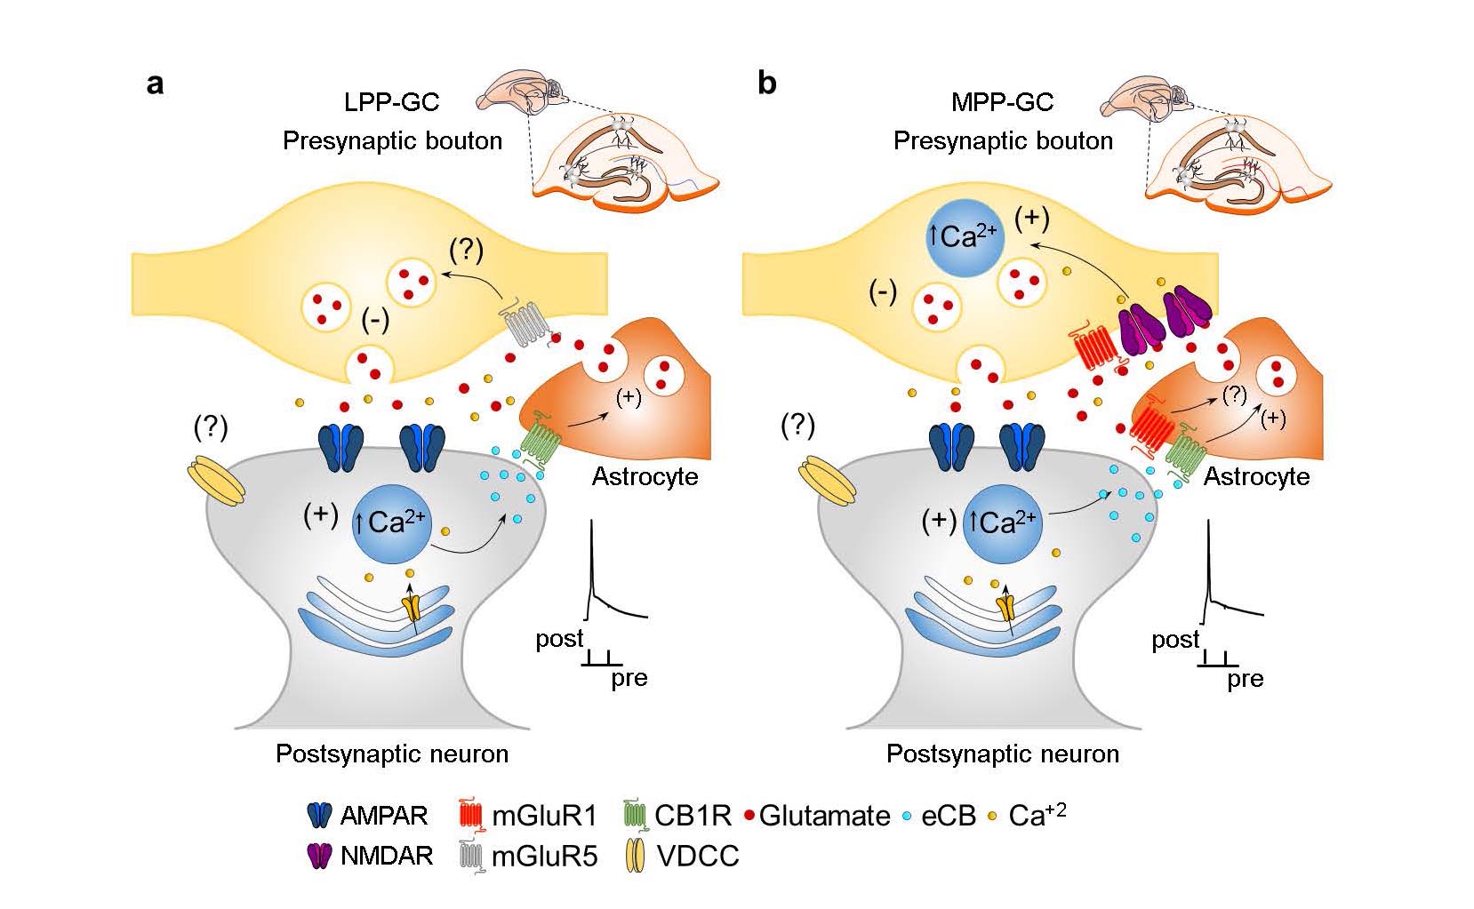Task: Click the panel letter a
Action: point(156,84)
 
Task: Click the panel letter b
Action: point(766,84)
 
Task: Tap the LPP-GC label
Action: point(391,102)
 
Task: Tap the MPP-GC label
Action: point(1002,102)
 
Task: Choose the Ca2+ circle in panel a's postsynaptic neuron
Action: point(392,522)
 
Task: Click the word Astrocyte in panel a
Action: point(645,477)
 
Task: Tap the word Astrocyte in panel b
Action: point(1256,477)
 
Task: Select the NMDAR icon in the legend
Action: point(318,856)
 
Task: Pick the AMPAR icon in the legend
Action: point(319,815)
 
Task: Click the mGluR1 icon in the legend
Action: point(470,815)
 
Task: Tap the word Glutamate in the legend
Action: point(824,816)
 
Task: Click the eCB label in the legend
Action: point(949,816)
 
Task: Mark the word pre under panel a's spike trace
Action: point(629,679)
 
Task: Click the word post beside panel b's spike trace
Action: point(1175,640)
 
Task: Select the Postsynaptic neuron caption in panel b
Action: point(1002,754)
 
